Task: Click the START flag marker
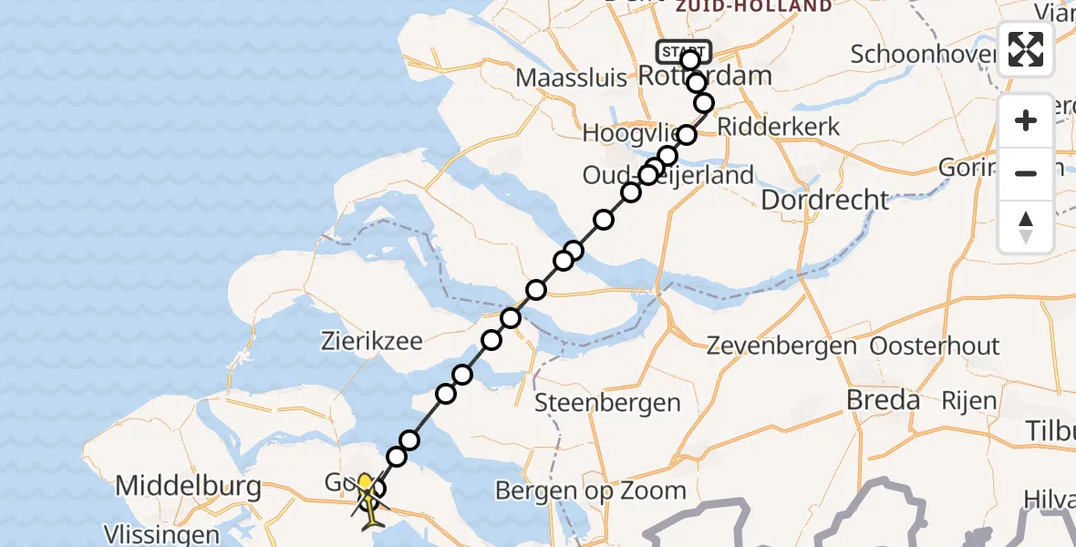click(683, 51)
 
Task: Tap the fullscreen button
click(1026, 49)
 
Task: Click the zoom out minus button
click(1026, 173)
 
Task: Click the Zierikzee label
click(372, 342)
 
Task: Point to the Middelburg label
click(189, 487)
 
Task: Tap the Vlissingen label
click(161, 534)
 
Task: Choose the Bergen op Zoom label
click(591, 491)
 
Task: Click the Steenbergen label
click(607, 402)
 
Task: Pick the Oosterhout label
click(935, 346)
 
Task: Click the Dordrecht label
click(824, 200)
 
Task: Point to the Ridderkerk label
click(779, 127)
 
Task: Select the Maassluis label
click(571, 77)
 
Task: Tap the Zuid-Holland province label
click(753, 6)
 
